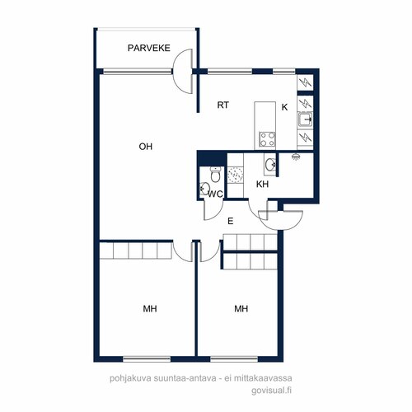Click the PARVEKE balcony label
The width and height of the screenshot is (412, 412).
[x=149, y=48]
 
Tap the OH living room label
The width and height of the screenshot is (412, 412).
[x=146, y=147]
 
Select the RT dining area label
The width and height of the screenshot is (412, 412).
[x=222, y=105]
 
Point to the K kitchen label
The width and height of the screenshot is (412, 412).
[x=285, y=107]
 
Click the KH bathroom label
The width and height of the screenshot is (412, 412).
[x=262, y=184]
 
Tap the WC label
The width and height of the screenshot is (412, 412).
[x=215, y=194]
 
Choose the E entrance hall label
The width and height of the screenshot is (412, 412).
[x=231, y=221]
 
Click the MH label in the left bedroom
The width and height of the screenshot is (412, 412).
[x=150, y=309]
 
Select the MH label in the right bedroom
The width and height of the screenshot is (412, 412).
[x=241, y=309]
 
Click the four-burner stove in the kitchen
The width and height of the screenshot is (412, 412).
[x=267, y=139]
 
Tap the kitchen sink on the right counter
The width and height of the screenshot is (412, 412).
[x=305, y=119]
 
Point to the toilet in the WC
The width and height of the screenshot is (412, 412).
[x=215, y=174]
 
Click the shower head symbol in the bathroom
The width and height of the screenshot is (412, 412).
[x=295, y=157]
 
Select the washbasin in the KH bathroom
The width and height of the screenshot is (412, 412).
[x=270, y=164]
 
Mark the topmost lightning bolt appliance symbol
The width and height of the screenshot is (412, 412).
[x=305, y=82]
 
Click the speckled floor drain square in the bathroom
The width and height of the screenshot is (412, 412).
[x=236, y=175]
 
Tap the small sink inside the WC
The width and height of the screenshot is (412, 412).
[x=204, y=189]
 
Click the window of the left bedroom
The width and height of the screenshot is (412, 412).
[x=147, y=358]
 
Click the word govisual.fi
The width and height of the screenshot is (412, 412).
[x=271, y=391]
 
